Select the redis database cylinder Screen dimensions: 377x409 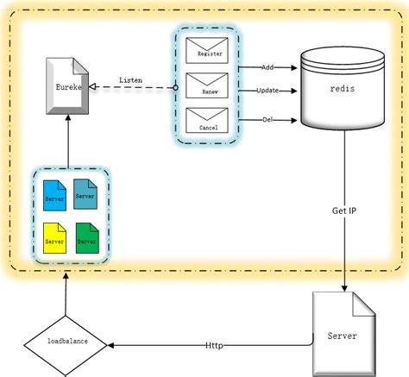[342, 88]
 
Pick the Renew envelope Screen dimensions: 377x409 [208, 86]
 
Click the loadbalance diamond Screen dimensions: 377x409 [66, 342]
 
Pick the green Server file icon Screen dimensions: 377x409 [85, 238]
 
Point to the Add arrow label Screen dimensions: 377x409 [267, 65]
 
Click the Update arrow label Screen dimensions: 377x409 [267, 90]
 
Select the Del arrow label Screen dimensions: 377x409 [267, 119]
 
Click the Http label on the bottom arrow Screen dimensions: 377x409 [214, 345]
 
